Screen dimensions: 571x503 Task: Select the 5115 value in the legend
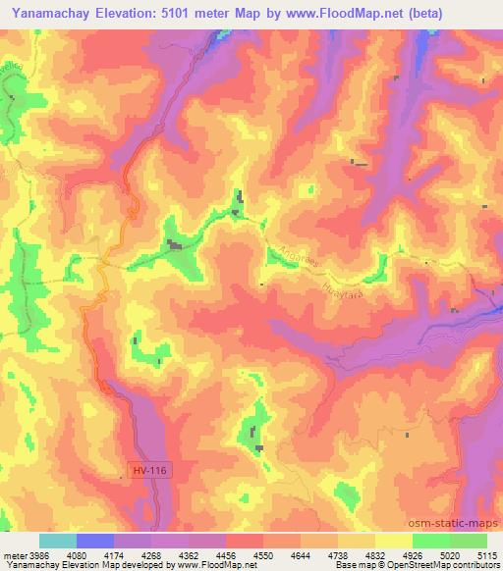click(487, 554)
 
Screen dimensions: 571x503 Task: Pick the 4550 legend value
click(244, 554)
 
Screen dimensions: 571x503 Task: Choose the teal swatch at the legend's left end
click(58, 541)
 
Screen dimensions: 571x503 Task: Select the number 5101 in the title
click(164, 14)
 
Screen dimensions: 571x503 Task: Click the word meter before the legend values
click(13, 554)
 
